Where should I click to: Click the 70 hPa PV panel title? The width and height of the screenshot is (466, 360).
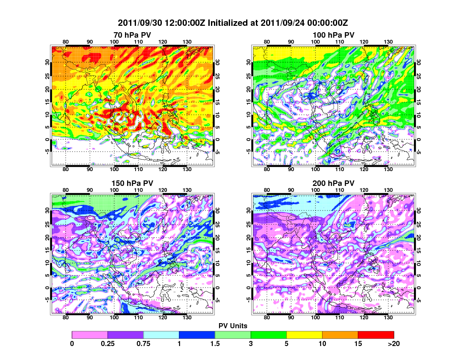[132, 35]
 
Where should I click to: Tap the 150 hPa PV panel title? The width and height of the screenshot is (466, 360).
[132, 183]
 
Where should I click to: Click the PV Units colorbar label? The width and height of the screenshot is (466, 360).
[233, 325]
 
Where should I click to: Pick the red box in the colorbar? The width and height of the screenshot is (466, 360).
[376, 335]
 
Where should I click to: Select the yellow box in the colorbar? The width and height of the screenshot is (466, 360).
[304, 335]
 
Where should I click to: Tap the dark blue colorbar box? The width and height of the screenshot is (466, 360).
[197, 335]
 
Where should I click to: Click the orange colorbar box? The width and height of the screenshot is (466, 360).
[340, 335]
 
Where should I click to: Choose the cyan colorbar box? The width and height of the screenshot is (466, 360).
[161, 335]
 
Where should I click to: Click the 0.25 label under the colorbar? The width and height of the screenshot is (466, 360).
[108, 343]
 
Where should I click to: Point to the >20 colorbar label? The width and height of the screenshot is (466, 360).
[394, 343]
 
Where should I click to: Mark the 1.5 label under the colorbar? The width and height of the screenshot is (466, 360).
[215, 343]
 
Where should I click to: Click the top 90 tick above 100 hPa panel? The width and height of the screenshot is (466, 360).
[291, 42]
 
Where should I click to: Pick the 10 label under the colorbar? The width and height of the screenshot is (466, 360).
[322, 343]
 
